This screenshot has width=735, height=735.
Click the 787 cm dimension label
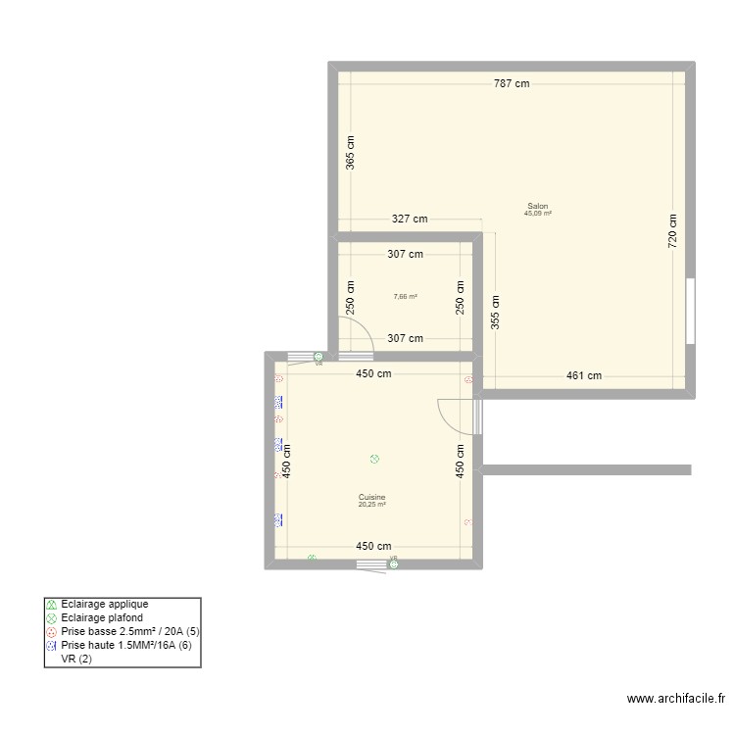click(x=511, y=84)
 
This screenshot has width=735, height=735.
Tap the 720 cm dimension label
click(x=673, y=231)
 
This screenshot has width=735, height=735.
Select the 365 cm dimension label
click(x=351, y=153)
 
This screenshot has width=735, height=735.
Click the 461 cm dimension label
click(x=584, y=375)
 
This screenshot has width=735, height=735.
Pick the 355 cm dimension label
click(x=496, y=312)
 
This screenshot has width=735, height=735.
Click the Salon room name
click(x=538, y=207)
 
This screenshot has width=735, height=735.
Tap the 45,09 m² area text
click(x=538, y=214)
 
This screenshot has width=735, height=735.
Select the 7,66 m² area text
click(x=406, y=297)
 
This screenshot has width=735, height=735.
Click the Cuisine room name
click(x=372, y=497)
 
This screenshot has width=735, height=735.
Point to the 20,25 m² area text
click(x=372, y=505)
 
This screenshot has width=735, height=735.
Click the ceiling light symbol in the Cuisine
click(x=373, y=459)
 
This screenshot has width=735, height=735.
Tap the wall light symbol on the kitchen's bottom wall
click(x=312, y=559)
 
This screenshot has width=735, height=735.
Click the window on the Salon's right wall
click(x=690, y=311)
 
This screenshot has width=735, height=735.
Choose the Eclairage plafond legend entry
click(x=102, y=618)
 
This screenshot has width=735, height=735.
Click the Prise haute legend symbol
click(x=52, y=647)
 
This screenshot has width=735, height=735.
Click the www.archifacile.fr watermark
click(x=676, y=699)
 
